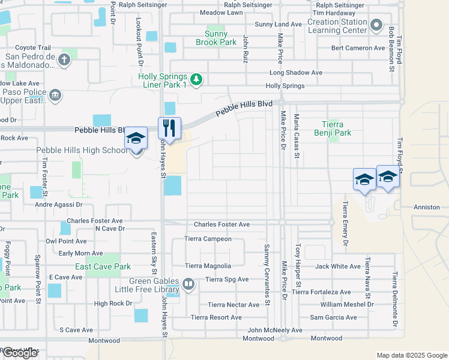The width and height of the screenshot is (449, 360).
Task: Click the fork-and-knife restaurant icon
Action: (169, 128)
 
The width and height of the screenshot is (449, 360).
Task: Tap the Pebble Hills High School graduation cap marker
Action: (136, 139)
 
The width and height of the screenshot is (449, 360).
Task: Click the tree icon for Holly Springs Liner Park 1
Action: (196, 79)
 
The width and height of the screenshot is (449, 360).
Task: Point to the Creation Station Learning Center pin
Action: (376, 25)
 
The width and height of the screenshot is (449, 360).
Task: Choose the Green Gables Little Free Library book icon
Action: (188, 284)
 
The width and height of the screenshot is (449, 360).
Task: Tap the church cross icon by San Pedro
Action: (64, 60)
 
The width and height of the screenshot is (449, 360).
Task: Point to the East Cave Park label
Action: (103, 266)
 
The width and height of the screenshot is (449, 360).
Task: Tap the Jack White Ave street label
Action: (338, 266)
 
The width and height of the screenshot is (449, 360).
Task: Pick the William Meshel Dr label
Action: (346, 304)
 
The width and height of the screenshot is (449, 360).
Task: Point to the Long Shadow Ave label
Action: (296, 73)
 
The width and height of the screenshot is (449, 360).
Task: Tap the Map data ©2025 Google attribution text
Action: (412, 355)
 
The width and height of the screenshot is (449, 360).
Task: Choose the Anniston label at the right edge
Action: (427, 207)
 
